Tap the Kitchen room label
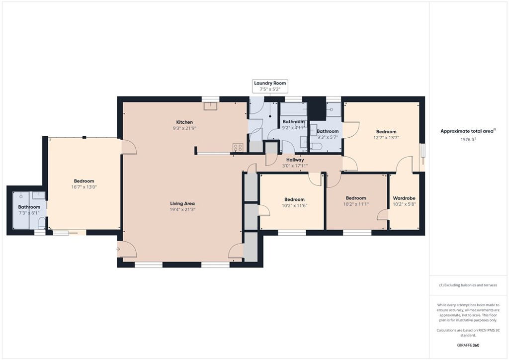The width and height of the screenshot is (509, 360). tap(184, 122)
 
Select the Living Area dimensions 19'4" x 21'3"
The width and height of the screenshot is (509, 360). tap(182, 210)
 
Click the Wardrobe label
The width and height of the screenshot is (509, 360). tap(404, 198)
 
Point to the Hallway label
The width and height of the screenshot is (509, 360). tap(295, 160)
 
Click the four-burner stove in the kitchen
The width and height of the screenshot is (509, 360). tap(238, 148)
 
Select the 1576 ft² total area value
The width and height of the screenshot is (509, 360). tap(468, 140)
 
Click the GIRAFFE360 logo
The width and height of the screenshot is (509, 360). tap(468, 345)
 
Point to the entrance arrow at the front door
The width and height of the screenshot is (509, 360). tap(118, 249)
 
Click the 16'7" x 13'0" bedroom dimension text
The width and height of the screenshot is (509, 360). tap(84, 187)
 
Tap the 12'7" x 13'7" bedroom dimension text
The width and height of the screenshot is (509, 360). tap(386, 138)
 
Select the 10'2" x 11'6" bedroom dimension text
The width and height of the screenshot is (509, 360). tap(294, 205)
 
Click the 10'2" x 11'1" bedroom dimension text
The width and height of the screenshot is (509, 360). tap(356, 204)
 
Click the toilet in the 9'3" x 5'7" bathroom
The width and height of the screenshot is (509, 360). tap(315, 147)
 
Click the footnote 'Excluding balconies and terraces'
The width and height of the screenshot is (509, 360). tap(468, 285)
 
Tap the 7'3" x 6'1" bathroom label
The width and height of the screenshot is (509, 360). tap(29, 207)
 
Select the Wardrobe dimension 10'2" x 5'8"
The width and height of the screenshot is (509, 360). tap(404, 204)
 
